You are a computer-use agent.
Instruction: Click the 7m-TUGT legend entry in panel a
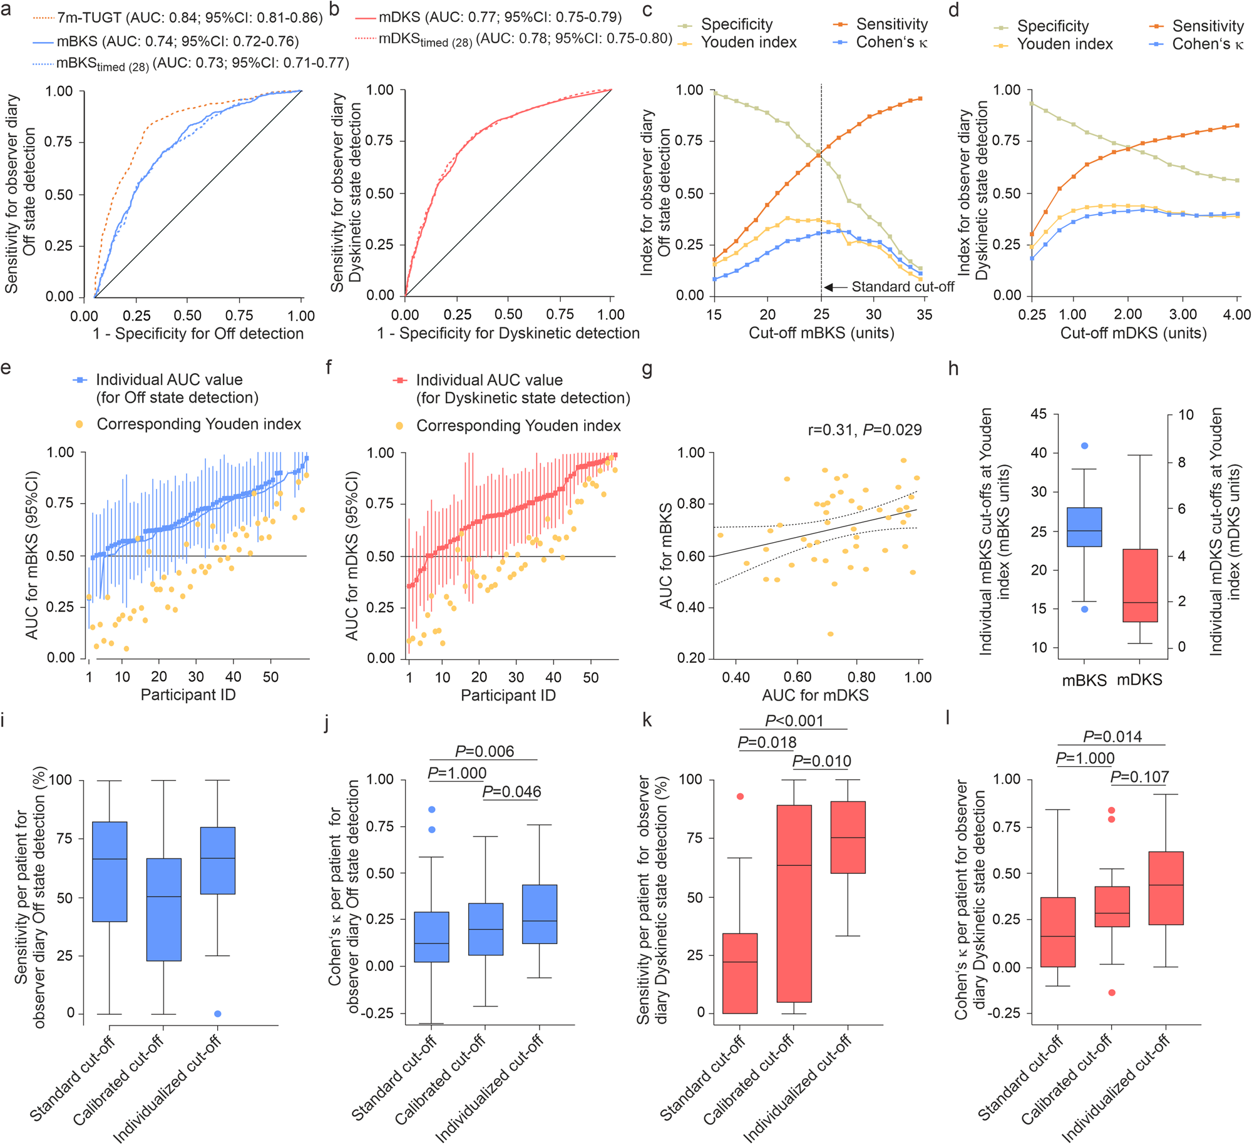click(x=178, y=18)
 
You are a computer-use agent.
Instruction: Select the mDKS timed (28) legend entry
click(x=513, y=39)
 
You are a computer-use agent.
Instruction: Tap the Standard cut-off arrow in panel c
click(x=836, y=287)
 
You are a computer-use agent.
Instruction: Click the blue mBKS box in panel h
click(x=1084, y=527)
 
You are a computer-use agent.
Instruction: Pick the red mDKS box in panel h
click(x=1139, y=585)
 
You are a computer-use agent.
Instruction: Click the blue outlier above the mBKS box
click(x=1084, y=446)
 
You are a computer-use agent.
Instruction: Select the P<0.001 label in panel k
click(x=793, y=721)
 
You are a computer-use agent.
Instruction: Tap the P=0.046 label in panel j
click(x=511, y=792)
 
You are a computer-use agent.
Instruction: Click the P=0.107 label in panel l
click(x=1139, y=777)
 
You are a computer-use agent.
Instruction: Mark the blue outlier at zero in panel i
click(x=217, y=1014)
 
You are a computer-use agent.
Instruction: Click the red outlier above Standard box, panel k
click(x=740, y=796)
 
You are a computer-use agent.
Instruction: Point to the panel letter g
click(x=647, y=369)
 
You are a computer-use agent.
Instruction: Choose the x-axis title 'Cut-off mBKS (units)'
click(x=821, y=332)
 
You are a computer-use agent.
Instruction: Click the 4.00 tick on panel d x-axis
click(x=1236, y=314)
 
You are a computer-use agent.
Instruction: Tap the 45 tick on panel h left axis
click(x=1038, y=414)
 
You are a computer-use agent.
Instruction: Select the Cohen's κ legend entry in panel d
click(x=1198, y=44)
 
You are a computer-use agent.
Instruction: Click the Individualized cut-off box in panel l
click(x=1166, y=888)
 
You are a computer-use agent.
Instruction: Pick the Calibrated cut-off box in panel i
click(x=163, y=909)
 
